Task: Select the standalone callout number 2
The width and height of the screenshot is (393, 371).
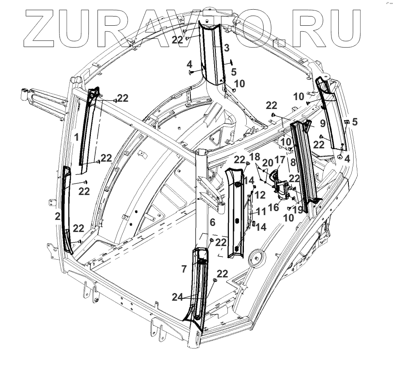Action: click(x=58, y=217)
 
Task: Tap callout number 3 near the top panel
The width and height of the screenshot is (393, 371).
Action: click(x=227, y=48)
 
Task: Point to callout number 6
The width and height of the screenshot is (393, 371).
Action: click(x=213, y=222)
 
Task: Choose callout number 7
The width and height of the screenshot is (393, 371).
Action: click(x=184, y=269)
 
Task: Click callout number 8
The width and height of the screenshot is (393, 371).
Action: click(x=293, y=163)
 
